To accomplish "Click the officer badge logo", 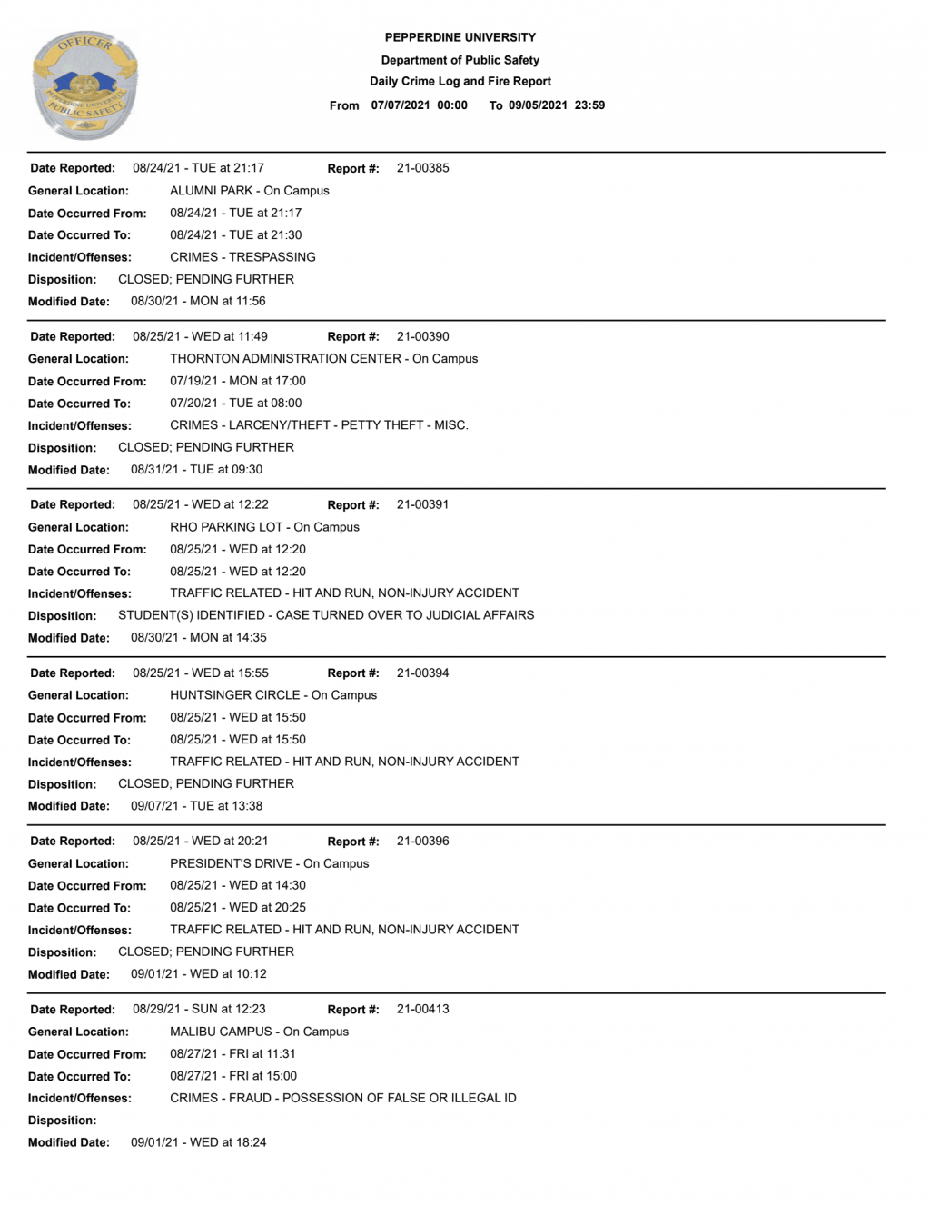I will point(84,86).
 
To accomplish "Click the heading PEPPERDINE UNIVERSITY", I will point(460,37).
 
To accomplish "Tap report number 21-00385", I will point(422,168).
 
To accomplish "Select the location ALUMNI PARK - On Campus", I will point(249,191).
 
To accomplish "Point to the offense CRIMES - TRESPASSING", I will point(242,257).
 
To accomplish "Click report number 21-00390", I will point(422,336).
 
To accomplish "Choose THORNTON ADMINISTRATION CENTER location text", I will point(323,359).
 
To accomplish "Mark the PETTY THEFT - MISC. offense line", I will point(319,425).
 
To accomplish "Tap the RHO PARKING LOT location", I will point(264,527).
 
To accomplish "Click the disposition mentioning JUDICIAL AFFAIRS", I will point(326,615).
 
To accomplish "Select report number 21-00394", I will point(422,673).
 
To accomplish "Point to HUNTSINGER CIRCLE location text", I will point(272,695).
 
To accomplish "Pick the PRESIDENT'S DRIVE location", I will point(269,863).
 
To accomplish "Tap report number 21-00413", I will point(422,1009).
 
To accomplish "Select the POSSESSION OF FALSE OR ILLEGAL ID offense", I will point(342,1098).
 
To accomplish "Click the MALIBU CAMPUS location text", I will point(259,1032).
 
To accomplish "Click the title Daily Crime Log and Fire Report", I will point(460,81).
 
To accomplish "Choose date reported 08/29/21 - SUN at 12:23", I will point(199,1009).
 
